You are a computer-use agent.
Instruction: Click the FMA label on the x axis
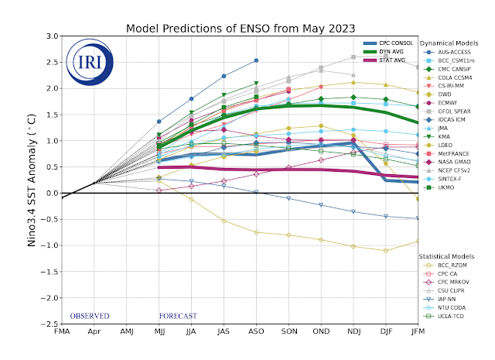61,332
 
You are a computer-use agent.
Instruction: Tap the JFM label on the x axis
418,332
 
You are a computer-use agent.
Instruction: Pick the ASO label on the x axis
256,332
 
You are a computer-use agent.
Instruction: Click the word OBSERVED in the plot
89,316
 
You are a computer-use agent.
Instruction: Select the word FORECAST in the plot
178,316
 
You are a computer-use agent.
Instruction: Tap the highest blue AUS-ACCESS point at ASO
256,60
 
